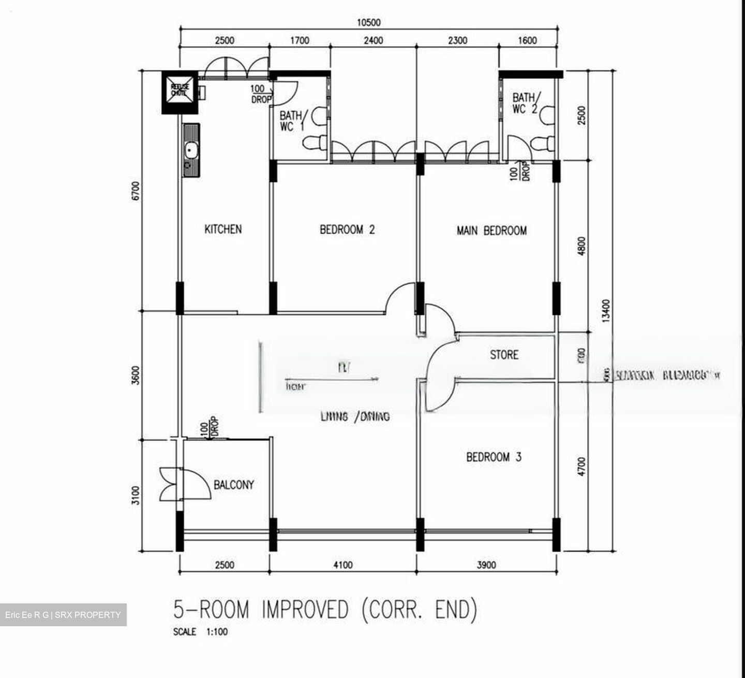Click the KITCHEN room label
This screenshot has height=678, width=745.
223,229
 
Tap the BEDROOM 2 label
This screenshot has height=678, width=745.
347,229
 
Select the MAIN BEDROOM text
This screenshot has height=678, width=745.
491,230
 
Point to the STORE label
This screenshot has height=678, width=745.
504,355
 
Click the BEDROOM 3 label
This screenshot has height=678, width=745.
494,457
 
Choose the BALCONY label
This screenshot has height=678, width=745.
234,485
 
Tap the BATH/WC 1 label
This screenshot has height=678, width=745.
292,121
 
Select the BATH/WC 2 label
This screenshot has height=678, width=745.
526,103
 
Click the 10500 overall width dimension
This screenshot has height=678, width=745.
368,22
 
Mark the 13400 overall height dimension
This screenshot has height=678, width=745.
607,309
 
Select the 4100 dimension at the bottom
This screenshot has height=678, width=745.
342,565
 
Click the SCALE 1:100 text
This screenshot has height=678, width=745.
200,632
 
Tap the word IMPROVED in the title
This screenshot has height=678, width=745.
305,610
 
